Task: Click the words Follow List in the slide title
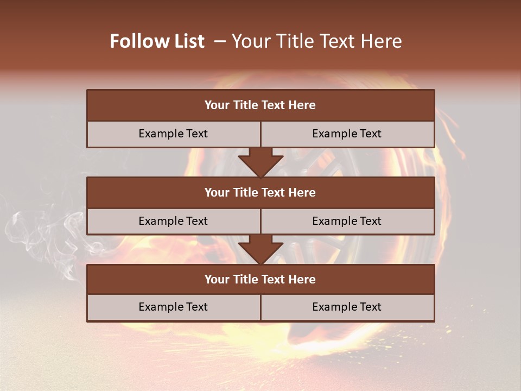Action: coord(157,41)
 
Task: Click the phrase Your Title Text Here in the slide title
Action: coord(316,41)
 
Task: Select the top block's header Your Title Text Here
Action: coord(260,105)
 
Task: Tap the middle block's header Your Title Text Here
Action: coord(260,192)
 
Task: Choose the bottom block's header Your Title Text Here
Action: coord(260,279)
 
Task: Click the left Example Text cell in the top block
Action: coord(173,134)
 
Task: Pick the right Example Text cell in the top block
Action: coord(347,134)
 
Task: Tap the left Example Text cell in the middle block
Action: coord(173,221)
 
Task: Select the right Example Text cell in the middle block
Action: coord(347,221)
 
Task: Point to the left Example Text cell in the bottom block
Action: coord(173,307)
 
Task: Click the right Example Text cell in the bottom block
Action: coord(347,307)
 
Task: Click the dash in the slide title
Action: coord(220,41)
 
